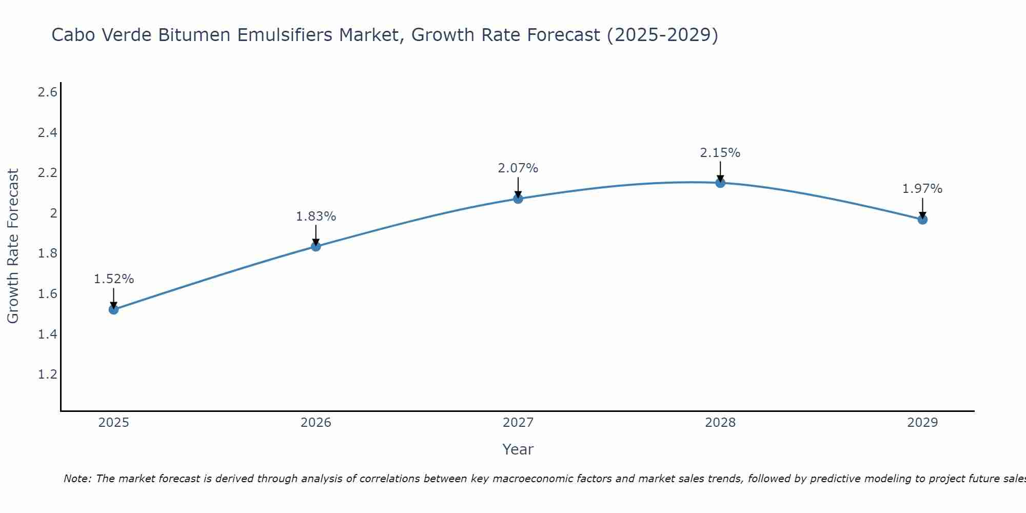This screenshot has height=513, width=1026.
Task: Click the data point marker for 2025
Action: (x=114, y=309)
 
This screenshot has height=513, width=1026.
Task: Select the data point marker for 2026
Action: (x=316, y=246)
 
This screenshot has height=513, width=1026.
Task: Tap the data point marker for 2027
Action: (x=518, y=199)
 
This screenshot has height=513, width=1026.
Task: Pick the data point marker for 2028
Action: (x=720, y=183)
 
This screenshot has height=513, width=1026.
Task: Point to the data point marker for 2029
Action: (x=922, y=220)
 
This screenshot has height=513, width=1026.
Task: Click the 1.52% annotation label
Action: (x=114, y=279)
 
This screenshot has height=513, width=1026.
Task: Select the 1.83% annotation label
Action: (x=316, y=216)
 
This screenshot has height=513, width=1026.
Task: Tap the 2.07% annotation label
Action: (x=518, y=168)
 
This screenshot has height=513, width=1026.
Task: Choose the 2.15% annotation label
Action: (x=720, y=153)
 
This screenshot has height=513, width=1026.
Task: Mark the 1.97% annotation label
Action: (x=922, y=189)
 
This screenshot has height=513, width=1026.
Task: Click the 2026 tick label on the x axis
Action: (x=316, y=423)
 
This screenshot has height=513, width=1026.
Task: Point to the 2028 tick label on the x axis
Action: (x=720, y=423)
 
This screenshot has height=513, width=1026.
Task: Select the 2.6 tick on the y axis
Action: (x=47, y=92)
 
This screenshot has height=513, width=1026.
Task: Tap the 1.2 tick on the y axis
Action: (x=47, y=374)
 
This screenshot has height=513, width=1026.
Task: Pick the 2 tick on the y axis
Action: (x=53, y=213)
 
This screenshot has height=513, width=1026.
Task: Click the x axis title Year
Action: (x=518, y=449)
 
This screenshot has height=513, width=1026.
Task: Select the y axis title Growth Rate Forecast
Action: (x=13, y=246)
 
